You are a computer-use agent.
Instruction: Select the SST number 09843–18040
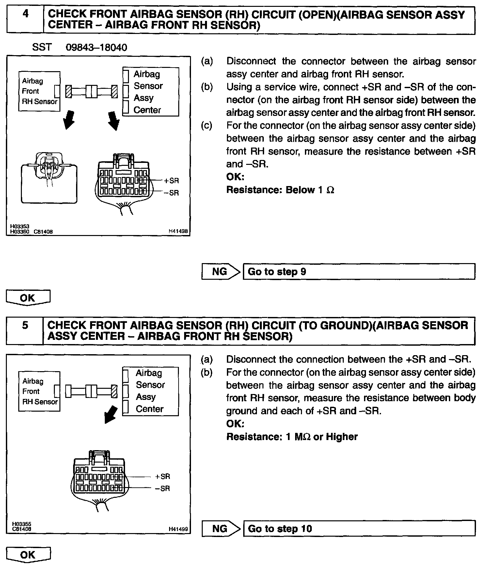(96, 48)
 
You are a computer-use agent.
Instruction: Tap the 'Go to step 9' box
(359, 272)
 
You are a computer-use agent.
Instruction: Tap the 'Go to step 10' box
(359, 529)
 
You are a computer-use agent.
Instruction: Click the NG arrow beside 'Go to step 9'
(221, 272)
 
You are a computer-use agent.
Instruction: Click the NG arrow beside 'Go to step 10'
(221, 529)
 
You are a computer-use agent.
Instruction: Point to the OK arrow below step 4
(28, 297)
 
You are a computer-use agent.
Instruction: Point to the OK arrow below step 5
(28, 555)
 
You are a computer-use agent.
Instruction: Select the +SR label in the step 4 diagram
(171, 181)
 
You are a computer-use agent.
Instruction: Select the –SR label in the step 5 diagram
(162, 488)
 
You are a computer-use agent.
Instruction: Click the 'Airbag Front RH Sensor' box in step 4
(39, 91)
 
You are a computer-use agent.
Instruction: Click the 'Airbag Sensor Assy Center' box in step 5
(150, 391)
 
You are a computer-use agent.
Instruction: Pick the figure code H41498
(178, 231)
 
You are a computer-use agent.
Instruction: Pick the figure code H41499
(178, 529)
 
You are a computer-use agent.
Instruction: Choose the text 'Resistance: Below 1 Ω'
(280, 190)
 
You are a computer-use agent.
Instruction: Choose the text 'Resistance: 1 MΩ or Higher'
(292, 437)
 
